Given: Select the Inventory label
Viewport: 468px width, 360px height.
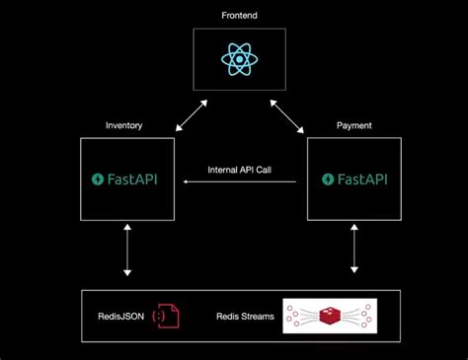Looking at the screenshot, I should pos(124,125).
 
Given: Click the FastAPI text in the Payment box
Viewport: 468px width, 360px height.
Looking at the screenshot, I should pos(360,180).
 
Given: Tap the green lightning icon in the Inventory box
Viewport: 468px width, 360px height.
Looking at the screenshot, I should pos(98,180).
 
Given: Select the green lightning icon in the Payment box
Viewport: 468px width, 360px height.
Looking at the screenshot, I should pos(326,180).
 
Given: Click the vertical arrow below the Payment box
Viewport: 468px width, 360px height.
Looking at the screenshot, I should pos(353,253).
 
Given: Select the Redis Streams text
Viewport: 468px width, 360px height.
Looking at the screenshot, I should pos(245,317).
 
